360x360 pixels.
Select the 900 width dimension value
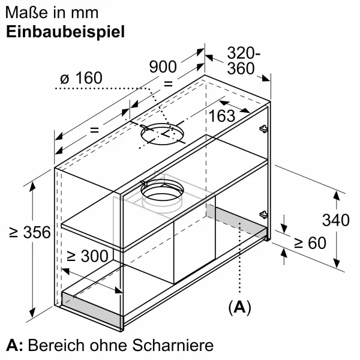pos(163,67)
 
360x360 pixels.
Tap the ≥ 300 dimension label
pos(87,256)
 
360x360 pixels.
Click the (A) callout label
pos(239,308)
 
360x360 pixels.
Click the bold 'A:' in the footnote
pos(15,346)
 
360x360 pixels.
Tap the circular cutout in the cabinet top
pos(162,136)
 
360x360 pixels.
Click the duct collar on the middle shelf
pos(162,193)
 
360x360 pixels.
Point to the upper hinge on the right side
pos(263,128)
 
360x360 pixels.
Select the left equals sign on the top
pos(94,130)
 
